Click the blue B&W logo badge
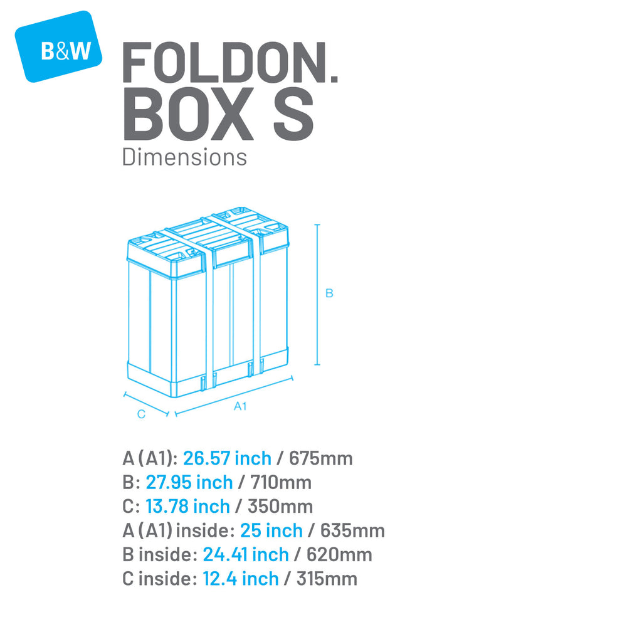(x=58, y=46)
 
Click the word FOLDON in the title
(x=224, y=62)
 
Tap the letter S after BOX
(x=293, y=114)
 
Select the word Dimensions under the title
(x=184, y=157)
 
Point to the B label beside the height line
(x=329, y=293)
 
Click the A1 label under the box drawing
(x=240, y=406)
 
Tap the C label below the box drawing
(x=141, y=414)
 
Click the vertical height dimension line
(x=317, y=295)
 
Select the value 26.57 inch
(x=227, y=458)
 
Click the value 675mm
(x=320, y=458)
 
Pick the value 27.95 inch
(x=189, y=482)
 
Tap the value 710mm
(x=281, y=482)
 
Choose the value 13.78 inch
(x=187, y=506)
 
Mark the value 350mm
(x=280, y=506)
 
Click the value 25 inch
(x=271, y=530)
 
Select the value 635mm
(x=352, y=530)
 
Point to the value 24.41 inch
(x=246, y=555)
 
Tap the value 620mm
(x=339, y=555)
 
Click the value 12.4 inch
(x=241, y=579)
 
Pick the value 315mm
(x=327, y=579)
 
